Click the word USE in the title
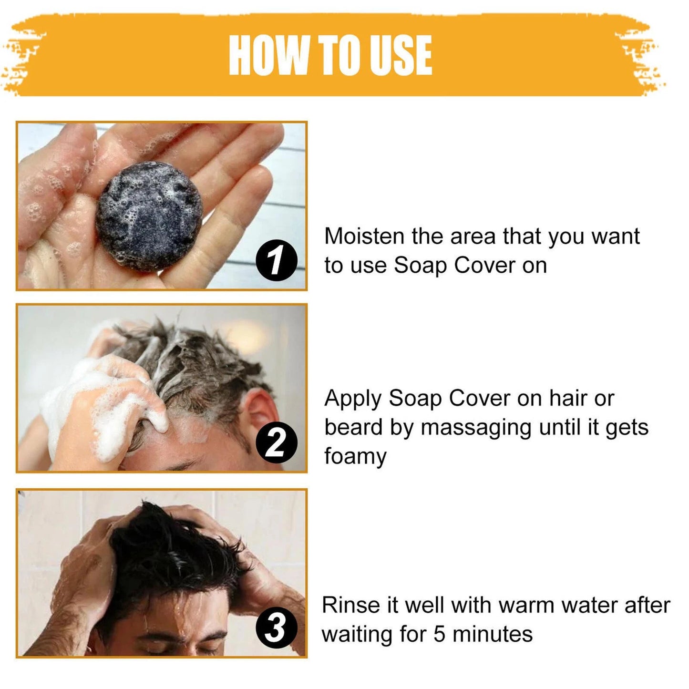[x=401, y=55]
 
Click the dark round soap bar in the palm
[x=149, y=216]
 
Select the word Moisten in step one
[x=364, y=237]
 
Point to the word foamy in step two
[x=355, y=457]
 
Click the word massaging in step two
[x=475, y=428]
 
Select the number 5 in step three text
[x=439, y=634]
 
